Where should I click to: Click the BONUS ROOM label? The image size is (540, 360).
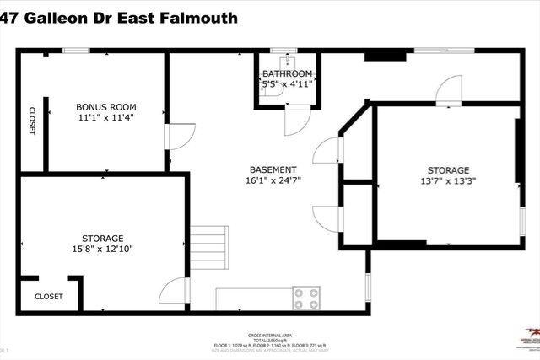(x=106, y=107)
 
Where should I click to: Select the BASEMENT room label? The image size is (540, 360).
(x=273, y=169)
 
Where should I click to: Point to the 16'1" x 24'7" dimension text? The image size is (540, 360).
(x=273, y=180)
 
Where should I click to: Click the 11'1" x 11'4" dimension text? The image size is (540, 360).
(x=106, y=118)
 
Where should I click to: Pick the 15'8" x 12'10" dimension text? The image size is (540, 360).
(x=102, y=250)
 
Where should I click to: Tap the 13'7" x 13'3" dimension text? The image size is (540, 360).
(x=448, y=181)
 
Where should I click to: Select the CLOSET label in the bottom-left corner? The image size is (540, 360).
(x=48, y=297)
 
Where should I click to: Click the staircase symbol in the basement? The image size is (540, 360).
(x=209, y=247)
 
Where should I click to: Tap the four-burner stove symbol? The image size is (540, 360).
(x=306, y=298)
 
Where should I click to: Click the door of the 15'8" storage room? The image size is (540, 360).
(x=174, y=291)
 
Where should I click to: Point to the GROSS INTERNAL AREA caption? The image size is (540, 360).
(x=269, y=335)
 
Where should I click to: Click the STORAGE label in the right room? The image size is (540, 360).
(x=448, y=170)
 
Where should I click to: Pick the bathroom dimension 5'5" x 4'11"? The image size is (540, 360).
(x=287, y=84)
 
